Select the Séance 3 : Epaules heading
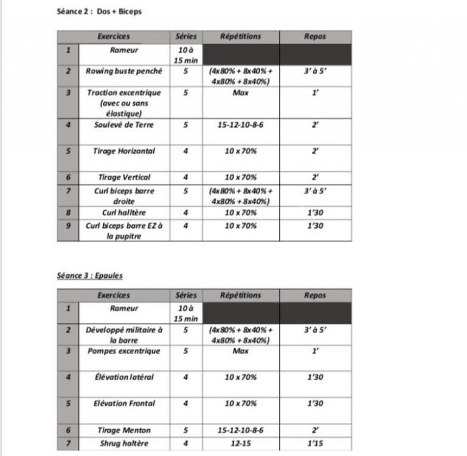tap(89, 275)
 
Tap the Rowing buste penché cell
tap(124, 71)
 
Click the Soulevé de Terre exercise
tap(124, 125)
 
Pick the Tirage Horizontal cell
tap(124, 151)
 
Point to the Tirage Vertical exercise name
tap(124, 178)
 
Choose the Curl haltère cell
tap(124, 213)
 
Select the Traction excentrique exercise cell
tap(124, 103)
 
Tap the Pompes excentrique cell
tap(124, 351)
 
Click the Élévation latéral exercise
tap(124, 378)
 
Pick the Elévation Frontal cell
tap(124, 404)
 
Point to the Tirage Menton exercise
tap(124, 430)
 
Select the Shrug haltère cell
tap(124, 443)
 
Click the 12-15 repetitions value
tap(241, 443)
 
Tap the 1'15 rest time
tap(315, 443)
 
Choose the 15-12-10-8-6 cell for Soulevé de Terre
tap(241, 125)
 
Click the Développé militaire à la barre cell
tap(124, 335)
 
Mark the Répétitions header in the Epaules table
tap(241, 295)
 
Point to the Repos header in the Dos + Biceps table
tap(315, 36)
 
